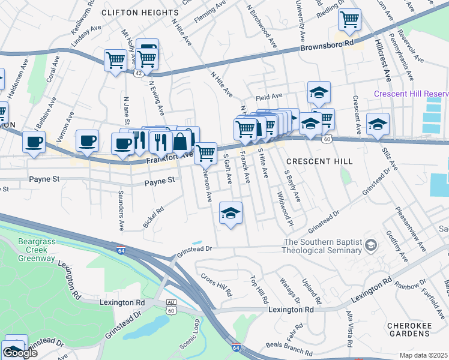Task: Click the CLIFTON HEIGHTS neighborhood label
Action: (140, 12)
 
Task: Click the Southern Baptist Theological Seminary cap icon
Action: (371, 243)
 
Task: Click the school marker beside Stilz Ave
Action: (378, 125)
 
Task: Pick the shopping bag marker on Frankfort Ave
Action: (180, 143)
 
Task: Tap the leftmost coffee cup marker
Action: (34, 143)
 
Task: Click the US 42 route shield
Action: (139, 72)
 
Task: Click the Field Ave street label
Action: (268, 96)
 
